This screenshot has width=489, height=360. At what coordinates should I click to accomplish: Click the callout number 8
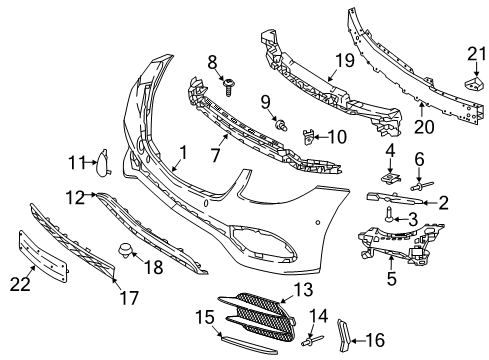coord(212,62)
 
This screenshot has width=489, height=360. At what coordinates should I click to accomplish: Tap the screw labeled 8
coord(229,87)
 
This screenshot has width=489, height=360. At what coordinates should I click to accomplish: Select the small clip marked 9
coord(281,126)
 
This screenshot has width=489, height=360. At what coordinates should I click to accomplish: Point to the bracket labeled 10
coord(308,137)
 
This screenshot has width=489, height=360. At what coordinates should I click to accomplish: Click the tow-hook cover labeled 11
coord(103,162)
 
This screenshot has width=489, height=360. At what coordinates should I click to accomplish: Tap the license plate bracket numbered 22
coord(43,256)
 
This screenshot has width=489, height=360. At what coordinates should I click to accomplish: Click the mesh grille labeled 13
coord(259,316)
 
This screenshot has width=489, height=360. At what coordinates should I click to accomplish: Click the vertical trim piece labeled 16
coord(343,335)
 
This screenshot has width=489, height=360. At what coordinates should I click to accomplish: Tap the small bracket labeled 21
coord(474,83)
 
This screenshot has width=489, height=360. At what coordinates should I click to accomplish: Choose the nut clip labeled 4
coord(391,177)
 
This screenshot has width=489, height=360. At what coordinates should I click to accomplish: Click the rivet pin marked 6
coord(422,186)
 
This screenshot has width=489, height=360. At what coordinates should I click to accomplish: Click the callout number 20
coord(424,127)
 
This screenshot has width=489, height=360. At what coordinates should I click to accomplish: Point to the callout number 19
coord(345,60)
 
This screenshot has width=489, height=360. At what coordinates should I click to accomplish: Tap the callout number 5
coord(392,278)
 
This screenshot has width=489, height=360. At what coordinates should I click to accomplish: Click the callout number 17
coord(129,298)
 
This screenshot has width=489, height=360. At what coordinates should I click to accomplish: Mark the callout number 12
coord(75,198)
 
